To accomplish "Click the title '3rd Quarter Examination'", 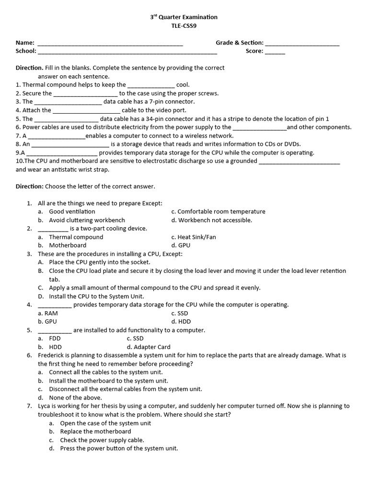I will tap(184, 17).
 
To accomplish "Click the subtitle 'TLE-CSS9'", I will tap(184, 26).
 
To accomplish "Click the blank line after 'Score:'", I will tap(275, 52).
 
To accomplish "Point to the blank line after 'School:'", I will tap(127, 52).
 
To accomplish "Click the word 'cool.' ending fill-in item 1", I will tap(183, 85).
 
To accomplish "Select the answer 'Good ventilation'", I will tap(72, 211).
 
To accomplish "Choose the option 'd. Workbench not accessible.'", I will tap(211, 220).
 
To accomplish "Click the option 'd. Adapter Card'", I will tap(149, 347).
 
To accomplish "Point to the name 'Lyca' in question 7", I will tap(45, 406).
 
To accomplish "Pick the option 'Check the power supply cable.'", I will tap(102, 440).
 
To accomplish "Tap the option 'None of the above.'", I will tap(75, 397).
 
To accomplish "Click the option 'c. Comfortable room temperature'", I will tap(218, 211).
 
